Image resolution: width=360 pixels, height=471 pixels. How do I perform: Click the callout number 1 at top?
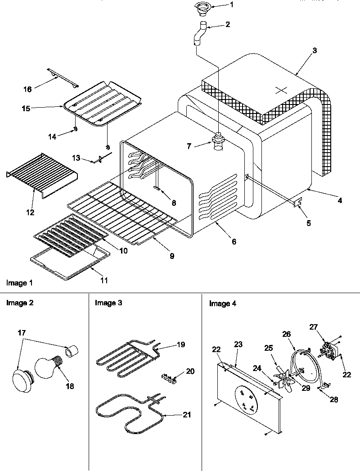point(232,5)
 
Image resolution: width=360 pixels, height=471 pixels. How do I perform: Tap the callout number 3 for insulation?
point(315,50)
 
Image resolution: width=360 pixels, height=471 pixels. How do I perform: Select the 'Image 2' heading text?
point(19,303)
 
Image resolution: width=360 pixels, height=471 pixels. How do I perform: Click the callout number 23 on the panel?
point(238,344)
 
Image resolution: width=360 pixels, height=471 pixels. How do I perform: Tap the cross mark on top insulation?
point(280,90)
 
